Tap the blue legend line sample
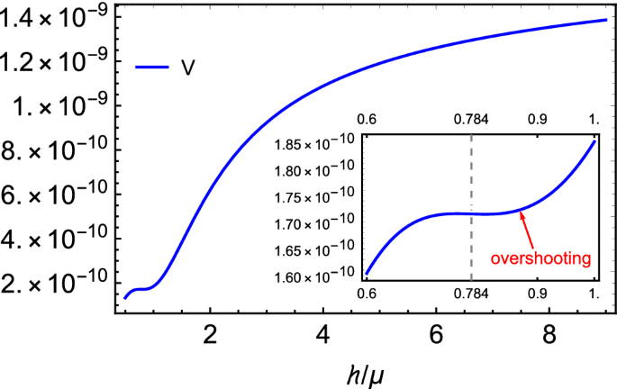[x=152, y=66]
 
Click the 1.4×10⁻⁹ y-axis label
[x=56, y=15]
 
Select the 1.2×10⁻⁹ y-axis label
[x=56, y=61]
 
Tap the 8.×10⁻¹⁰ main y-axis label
[x=56, y=149]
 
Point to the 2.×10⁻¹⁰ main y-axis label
[x=56, y=284]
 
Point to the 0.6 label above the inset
[x=367, y=119]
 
